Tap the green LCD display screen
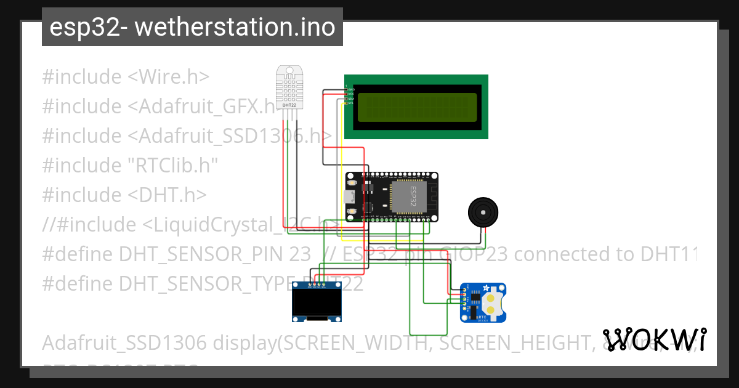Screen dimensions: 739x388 [x=416, y=107]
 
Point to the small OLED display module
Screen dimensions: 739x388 [x=317, y=302]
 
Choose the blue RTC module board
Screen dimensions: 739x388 [x=483, y=302]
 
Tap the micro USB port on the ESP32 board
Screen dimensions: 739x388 [x=349, y=197]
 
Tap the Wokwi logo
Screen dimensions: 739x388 [x=654, y=339]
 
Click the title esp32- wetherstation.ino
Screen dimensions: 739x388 [x=192, y=27]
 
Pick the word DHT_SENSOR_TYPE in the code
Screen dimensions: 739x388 [x=203, y=283]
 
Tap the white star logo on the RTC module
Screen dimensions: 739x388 [x=486, y=288]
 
